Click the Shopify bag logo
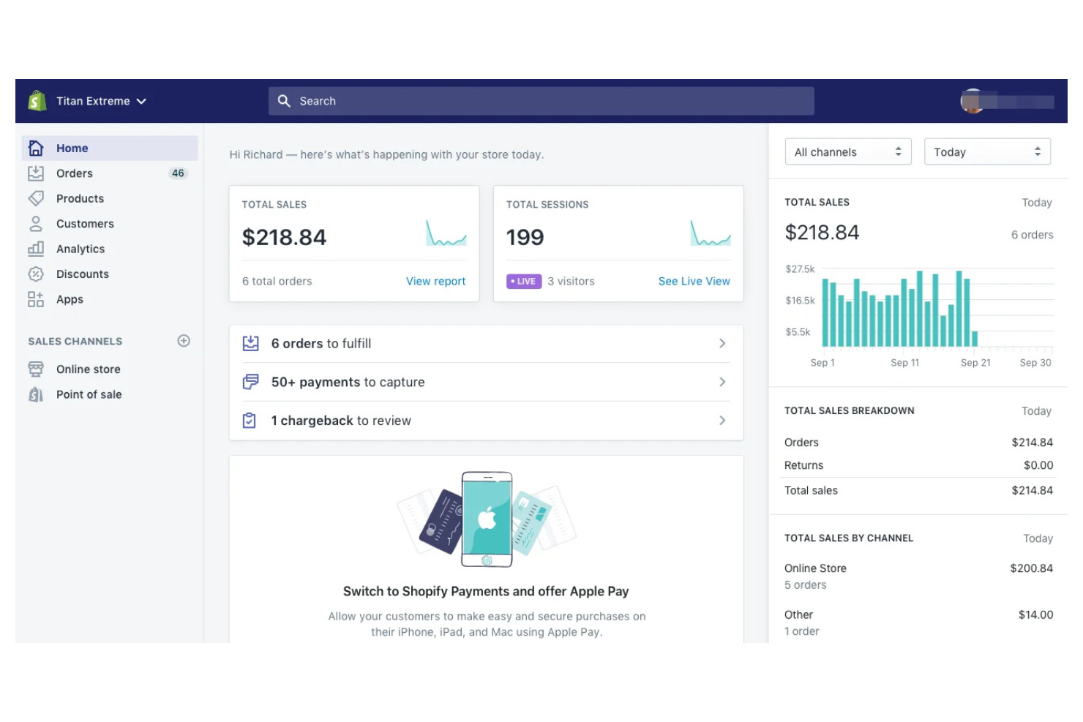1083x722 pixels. pyautogui.click(x=37, y=101)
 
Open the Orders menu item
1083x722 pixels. pyautogui.click(x=74, y=173)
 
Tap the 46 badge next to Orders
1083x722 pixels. pyautogui.click(x=178, y=173)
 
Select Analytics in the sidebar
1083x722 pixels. pyautogui.click(x=80, y=249)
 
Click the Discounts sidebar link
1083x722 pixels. pyautogui.click(x=82, y=274)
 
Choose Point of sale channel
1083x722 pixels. pyautogui.click(x=89, y=395)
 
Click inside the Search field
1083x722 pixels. pyautogui.click(x=541, y=101)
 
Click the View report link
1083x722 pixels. pyautogui.click(x=435, y=282)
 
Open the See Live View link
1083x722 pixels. pyautogui.click(x=694, y=282)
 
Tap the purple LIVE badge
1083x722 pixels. pyautogui.click(x=524, y=282)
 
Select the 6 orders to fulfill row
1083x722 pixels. pyautogui.click(x=486, y=344)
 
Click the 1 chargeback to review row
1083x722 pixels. pyautogui.click(x=486, y=421)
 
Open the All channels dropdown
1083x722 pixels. pyautogui.click(x=847, y=152)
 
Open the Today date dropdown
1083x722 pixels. pyautogui.click(x=986, y=152)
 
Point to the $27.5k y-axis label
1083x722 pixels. pyautogui.click(x=800, y=269)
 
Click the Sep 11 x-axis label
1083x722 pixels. pyautogui.click(x=904, y=363)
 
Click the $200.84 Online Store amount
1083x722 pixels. pyautogui.click(x=1031, y=568)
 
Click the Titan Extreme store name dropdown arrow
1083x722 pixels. pyautogui.click(x=141, y=102)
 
